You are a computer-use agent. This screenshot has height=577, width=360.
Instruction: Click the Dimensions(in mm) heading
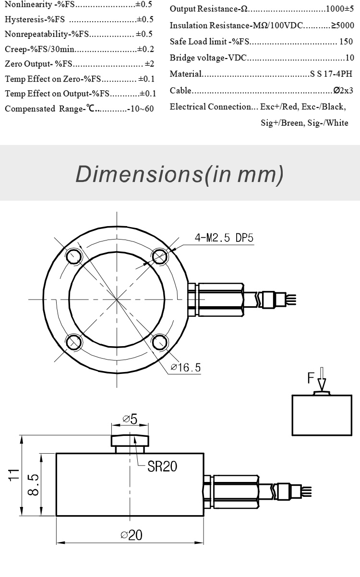(180, 174)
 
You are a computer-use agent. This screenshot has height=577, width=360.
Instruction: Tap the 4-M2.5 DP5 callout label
(224, 238)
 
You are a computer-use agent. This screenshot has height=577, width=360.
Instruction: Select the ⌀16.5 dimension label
(186, 367)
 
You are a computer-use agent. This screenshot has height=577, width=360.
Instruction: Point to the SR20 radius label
(162, 466)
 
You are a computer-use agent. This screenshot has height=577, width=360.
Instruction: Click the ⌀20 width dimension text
(132, 535)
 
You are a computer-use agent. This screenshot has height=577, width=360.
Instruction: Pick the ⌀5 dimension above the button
(130, 419)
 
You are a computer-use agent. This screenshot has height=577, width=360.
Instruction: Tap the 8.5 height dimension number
(33, 485)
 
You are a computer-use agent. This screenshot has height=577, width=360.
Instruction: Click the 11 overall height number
(14, 475)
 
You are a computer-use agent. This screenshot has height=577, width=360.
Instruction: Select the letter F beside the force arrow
(311, 378)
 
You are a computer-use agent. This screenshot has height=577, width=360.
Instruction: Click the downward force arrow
(322, 379)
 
